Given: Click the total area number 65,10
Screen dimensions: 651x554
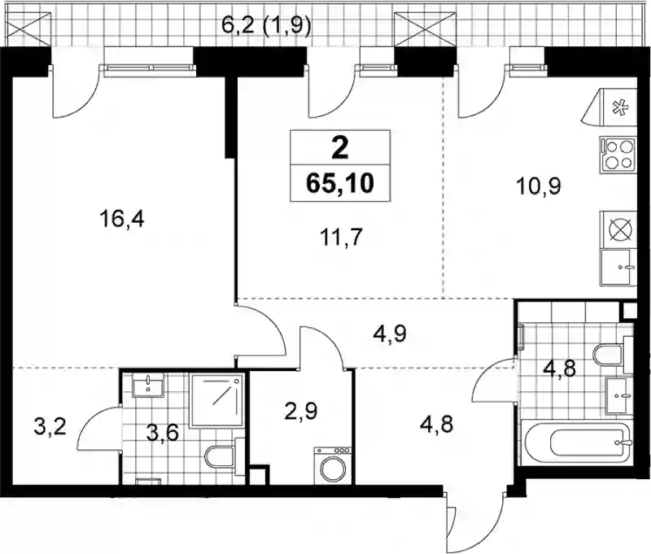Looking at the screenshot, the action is (x=340, y=183).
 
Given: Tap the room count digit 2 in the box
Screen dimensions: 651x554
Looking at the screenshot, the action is (x=340, y=148).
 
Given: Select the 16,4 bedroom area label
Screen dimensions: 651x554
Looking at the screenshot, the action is (x=121, y=219).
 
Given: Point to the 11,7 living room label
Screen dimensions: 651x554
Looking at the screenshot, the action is (x=342, y=238).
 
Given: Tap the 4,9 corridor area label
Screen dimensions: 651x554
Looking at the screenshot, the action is (x=390, y=334).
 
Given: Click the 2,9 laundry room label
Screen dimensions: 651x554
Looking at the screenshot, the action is (x=301, y=412).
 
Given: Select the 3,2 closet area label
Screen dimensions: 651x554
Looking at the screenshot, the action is (x=50, y=426).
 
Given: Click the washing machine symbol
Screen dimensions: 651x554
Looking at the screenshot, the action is (x=333, y=465).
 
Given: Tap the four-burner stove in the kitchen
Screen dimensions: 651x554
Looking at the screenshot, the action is (x=618, y=155).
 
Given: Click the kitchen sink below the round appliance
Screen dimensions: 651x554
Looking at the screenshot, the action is (x=618, y=268).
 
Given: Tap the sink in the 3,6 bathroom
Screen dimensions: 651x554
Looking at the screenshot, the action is (x=148, y=385).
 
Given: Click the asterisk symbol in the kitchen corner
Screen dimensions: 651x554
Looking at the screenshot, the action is (x=621, y=109).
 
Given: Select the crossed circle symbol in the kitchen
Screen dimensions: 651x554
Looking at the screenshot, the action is (x=619, y=230).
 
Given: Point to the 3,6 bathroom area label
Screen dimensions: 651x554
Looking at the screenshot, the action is (x=163, y=433).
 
